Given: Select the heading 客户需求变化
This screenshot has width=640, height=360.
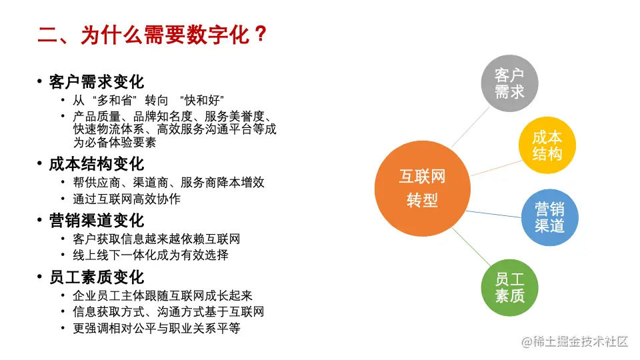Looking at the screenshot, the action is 96,82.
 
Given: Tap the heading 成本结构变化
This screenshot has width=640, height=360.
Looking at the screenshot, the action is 96,164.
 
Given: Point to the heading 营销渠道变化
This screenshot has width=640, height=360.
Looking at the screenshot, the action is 96,221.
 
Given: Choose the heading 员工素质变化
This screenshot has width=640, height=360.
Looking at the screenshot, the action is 96,277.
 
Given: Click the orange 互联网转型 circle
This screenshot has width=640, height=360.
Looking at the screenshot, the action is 423,189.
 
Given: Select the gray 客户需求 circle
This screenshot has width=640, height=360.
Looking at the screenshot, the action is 509,83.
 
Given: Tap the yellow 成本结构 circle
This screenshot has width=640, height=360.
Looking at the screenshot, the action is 547,145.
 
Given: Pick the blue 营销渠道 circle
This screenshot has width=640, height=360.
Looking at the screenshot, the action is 550,217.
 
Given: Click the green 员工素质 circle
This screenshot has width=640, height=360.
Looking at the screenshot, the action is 509,288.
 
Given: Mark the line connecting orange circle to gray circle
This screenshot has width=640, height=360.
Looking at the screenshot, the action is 470,127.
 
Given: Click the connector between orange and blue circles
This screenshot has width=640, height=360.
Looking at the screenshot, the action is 493,214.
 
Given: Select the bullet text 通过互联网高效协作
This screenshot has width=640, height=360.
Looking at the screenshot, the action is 127,199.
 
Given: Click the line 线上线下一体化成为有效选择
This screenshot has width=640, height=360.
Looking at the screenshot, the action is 151,255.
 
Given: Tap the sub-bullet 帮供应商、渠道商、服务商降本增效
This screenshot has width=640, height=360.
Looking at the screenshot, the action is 169,183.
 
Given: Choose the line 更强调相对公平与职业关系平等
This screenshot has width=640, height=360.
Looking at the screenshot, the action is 156,328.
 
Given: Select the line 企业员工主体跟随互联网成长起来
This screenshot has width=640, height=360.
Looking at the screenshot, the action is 163,295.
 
